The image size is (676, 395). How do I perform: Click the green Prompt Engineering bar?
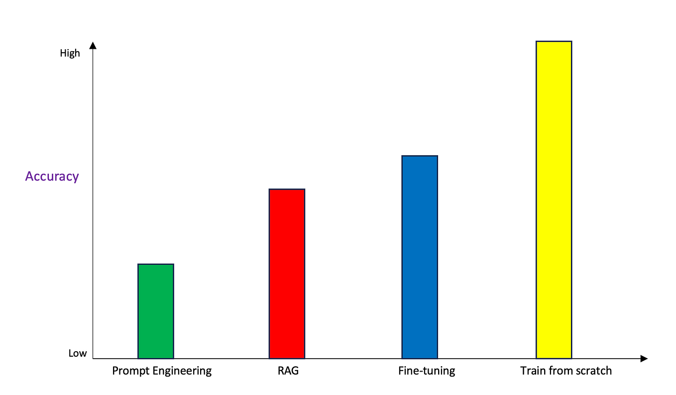pyautogui.click(x=156, y=311)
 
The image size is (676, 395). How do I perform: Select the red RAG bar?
pyautogui.click(x=287, y=274)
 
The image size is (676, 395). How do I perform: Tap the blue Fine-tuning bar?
pyautogui.click(x=420, y=257)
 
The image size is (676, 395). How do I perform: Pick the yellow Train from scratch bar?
pyautogui.click(x=554, y=199)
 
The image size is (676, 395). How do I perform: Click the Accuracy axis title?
pyautogui.click(x=52, y=177)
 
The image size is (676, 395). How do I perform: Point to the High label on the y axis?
pyautogui.click(x=70, y=53)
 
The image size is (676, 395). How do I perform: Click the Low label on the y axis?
pyautogui.click(x=77, y=354)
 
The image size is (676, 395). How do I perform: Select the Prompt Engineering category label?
pyautogui.click(x=162, y=371)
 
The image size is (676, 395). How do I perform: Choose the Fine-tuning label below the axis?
pyautogui.click(x=427, y=371)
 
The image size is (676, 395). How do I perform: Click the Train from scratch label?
pyautogui.click(x=566, y=371)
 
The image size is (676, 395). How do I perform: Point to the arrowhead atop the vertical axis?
pyautogui.click(x=93, y=46)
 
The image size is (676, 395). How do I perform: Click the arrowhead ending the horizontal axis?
pyautogui.click(x=644, y=358)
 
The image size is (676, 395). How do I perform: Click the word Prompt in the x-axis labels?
pyautogui.click(x=128, y=371)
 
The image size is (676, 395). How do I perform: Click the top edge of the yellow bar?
pyautogui.click(x=554, y=41)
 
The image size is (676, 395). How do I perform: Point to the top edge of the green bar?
pyautogui.click(x=156, y=264)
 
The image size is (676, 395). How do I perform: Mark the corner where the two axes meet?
pyautogui.click(x=93, y=358)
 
